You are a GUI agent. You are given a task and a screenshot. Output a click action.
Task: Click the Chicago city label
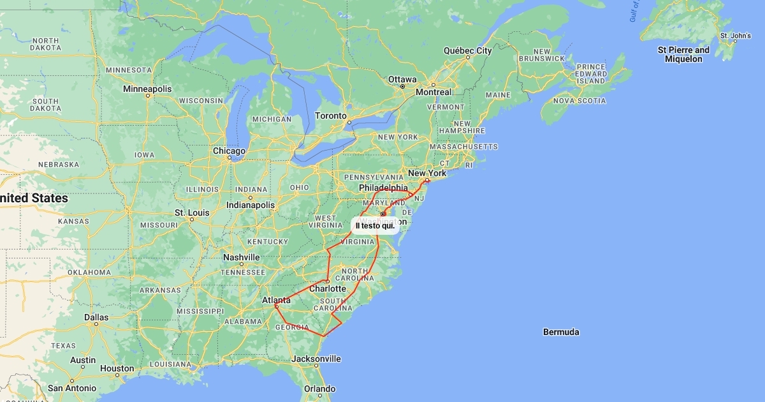point(229,151)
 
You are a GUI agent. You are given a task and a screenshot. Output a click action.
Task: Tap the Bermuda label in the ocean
point(561,332)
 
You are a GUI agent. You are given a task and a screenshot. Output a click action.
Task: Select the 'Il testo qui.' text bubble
point(375,226)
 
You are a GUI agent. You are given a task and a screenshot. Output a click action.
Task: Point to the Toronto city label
point(330,116)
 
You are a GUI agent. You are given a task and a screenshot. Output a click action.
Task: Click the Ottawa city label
point(402,80)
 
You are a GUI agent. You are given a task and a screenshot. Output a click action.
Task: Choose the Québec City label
point(467,50)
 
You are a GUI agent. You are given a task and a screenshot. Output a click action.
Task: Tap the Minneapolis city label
point(147,89)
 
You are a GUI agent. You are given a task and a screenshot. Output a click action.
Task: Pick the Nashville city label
point(241,257)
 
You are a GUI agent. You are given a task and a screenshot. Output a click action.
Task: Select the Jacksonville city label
point(316,359)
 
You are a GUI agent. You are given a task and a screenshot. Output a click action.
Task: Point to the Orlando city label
point(319,389)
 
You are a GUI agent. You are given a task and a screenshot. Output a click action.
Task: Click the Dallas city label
point(96,317)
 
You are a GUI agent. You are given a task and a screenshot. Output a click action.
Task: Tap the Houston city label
point(117,368)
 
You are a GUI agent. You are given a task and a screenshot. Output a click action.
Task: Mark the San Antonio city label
point(72,388)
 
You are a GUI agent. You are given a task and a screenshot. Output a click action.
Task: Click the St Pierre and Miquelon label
point(683,54)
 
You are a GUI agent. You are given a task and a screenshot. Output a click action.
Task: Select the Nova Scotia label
point(579,101)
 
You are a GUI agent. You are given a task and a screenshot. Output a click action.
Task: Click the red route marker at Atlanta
point(276,306)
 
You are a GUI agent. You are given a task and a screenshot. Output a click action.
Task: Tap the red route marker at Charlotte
point(327,281)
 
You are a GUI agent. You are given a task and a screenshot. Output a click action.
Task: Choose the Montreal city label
point(433,92)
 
